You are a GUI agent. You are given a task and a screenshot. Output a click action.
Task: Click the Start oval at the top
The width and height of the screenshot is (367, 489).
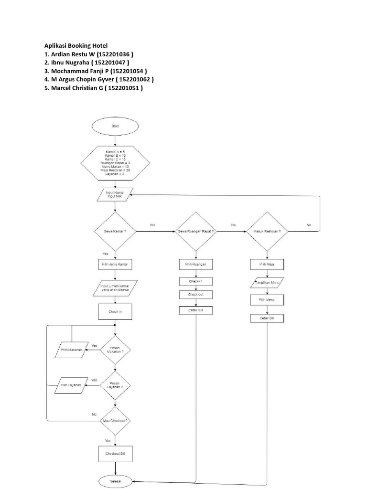click(115, 127)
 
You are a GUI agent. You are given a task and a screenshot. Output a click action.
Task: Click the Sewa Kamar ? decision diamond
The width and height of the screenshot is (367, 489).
click(115, 231)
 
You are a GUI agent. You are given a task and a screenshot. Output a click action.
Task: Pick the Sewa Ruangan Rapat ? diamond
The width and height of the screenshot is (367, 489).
click(196, 231)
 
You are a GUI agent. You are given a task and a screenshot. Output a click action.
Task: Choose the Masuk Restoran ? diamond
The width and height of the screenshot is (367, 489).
click(267, 231)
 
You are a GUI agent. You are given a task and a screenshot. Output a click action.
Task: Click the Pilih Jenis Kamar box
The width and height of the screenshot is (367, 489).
click(115, 264)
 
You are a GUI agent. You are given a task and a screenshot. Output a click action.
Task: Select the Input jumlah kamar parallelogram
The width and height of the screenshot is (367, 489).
click(115, 287)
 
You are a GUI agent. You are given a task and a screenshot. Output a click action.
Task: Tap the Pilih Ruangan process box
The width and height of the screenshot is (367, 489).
click(196, 264)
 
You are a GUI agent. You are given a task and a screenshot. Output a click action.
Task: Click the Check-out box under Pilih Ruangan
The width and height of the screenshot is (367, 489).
click(196, 295)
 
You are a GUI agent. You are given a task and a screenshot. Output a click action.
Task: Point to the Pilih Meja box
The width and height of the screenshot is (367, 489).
click(267, 264)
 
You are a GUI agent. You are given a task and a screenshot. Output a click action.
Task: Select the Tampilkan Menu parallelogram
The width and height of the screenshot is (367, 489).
click(267, 283)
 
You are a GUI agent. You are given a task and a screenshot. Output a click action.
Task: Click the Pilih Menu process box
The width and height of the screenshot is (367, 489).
click(267, 300)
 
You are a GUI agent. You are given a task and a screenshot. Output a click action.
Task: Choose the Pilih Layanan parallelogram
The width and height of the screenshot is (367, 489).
click(72, 385)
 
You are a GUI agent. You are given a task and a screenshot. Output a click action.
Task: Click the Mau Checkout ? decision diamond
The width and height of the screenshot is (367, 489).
click(115, 420)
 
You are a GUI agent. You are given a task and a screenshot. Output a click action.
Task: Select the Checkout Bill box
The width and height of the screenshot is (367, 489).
click(115, 453)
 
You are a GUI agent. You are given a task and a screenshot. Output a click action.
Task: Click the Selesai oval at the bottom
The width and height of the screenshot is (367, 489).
click(115, 481)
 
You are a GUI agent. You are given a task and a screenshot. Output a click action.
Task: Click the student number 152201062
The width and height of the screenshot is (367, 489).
click(136, 79)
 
